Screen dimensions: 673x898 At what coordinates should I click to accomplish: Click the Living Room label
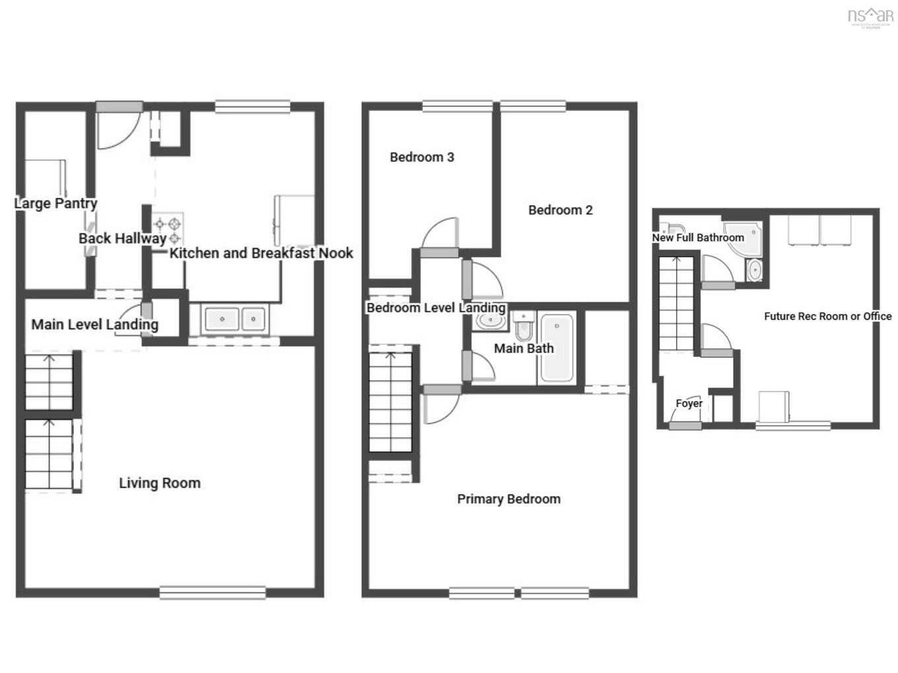pos(159,483)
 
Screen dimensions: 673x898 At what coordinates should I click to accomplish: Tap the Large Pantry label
pos(55,203)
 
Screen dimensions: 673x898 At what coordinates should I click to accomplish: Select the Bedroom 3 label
pos(421,157)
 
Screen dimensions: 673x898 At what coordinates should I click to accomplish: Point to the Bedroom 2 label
pos(560,210)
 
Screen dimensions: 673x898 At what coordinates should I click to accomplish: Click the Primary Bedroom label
pos(508,499)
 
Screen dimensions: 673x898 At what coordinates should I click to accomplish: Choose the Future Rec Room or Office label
pos(827,316)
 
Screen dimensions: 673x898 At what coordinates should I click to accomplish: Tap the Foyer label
pos(689,403)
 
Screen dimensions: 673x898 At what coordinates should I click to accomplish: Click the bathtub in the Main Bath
pos(557,348)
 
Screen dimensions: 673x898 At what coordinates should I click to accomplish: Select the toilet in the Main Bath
pos(524,327)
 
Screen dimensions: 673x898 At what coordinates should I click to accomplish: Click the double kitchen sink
pos(234,319)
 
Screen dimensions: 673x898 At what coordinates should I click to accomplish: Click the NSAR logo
pos(870,17)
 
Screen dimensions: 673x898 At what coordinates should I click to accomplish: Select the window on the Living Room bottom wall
pos(213,593)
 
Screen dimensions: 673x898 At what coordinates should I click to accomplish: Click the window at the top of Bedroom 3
pos(457,106)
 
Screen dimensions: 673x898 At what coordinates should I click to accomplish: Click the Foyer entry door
pos(685,426)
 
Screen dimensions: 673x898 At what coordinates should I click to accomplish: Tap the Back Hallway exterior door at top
pos(119,107)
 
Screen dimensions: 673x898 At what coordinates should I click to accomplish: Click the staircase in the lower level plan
pos(675,304)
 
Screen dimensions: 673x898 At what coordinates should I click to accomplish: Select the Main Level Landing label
pos(94,325)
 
